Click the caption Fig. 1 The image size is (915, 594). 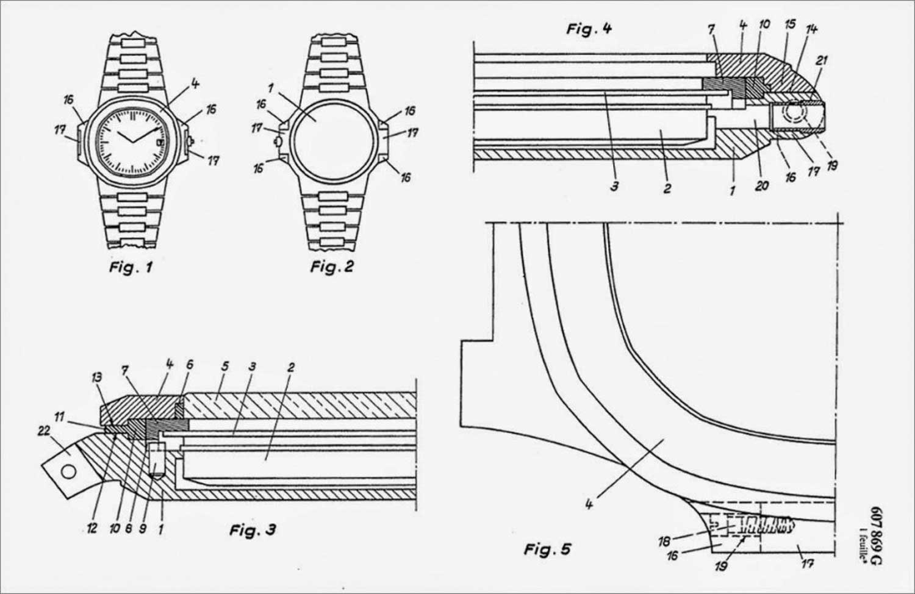click(x=131, y=268)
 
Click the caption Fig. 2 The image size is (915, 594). click(x=332, y=267)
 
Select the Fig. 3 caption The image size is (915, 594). click(x=253, y=531)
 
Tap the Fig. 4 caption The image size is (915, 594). click(x=589, y=29)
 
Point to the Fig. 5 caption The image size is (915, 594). click(x=547, y=549)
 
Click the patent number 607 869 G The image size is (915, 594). click(x=876, y=535)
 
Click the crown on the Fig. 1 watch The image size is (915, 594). click(x=190, y=141)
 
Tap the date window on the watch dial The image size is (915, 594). click(x=160, y=142)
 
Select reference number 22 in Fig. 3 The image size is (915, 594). click(x=44, y=431)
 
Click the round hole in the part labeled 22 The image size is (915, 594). click(x=68, y=472)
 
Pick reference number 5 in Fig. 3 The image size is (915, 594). click(x=224, y=366)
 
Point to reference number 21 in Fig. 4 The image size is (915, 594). click(x=822, y=61)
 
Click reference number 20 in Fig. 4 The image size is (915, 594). click(x=762, y=186)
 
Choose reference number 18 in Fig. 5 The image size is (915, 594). click(x=664, y=542)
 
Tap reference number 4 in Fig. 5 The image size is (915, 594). click(x=589, y=505)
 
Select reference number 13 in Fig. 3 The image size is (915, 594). click(x=96, y=378)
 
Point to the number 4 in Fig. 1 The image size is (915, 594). click(x=195, y=85)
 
